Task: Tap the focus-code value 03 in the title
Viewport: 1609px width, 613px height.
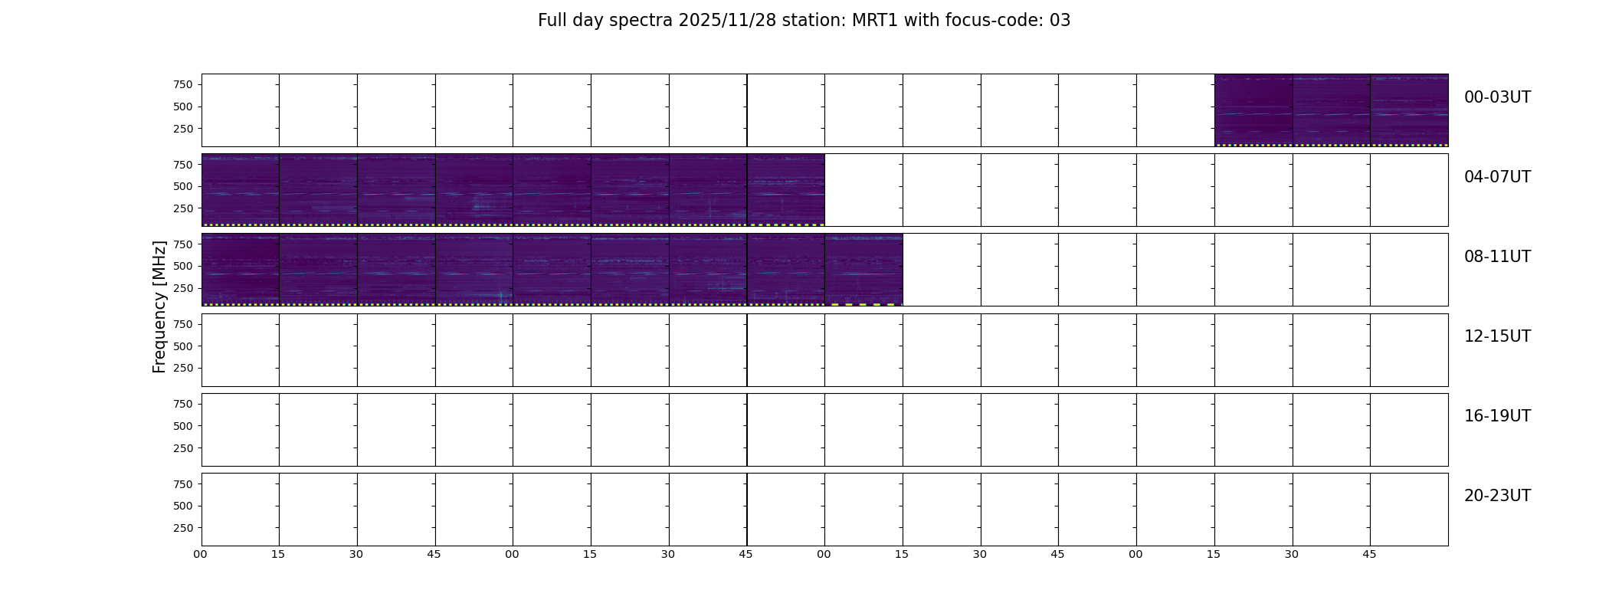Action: click(x=1060, y=21)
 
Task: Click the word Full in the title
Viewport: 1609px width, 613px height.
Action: click(x=552, y=21)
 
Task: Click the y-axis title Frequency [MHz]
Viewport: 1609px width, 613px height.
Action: click(x=159, y=306)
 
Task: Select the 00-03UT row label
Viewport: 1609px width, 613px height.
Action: click(x=1497, y=97)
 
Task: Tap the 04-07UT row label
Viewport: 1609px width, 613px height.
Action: click(x=1497, y=177)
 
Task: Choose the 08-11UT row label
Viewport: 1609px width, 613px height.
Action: click(x=1497, y=257)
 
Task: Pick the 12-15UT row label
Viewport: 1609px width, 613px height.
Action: click(x=1497, y=336)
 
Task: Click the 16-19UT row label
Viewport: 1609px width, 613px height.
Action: click(x=1497, y=416)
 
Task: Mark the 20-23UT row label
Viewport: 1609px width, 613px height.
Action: click(x=1497, y=496)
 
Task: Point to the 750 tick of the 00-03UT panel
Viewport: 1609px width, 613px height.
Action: click(x=183, y=84)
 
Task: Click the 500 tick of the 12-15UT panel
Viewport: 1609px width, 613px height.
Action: click(x=183, y=346)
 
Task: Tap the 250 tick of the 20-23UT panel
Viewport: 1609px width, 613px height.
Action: click(x=183, y=528)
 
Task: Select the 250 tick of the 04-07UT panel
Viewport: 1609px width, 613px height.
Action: click(x=183, y=208)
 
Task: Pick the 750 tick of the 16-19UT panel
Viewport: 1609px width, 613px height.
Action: click(x=183, y=404)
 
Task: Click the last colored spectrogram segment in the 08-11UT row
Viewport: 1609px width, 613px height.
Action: click(x=863, y=270)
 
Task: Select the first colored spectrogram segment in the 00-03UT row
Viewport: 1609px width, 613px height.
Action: click(x=1253, y=110)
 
